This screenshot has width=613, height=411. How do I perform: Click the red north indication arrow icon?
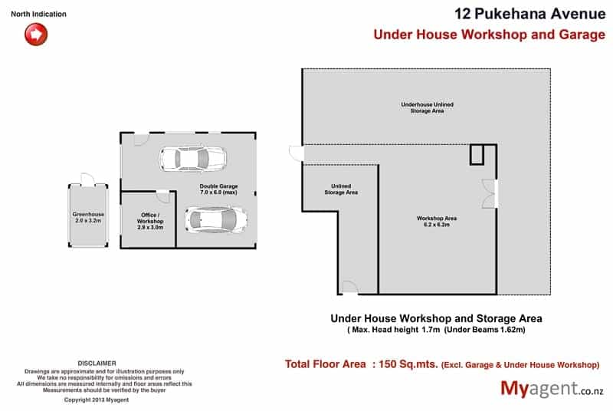[x=36, y=34]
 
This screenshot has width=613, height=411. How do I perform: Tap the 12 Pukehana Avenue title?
[x=529, y=14]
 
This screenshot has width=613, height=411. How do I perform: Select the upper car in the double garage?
[x=192, y=159]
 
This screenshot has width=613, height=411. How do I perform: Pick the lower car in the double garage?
[x=216, y=220]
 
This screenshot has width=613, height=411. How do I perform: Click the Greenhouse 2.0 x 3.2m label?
[x=88, y=218]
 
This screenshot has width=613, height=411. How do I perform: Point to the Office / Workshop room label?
[x=150, y=221]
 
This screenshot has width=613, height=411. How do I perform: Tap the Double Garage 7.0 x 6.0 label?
[x=218, y=189]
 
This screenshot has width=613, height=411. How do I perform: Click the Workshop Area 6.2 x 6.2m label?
[x=437, y=222]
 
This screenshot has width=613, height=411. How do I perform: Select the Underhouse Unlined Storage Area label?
[x=428, y=107]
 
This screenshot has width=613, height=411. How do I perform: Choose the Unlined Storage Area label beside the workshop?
[x=341, y=189]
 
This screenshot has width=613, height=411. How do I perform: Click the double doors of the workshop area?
[x=490, y=193]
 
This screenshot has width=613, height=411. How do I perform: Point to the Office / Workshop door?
[x=163, y=196]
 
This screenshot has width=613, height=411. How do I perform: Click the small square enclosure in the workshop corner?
[x=477, y=154]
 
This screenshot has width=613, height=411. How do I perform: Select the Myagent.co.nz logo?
[x=552, y=389]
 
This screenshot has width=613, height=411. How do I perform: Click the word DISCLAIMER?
[x=97, y=363]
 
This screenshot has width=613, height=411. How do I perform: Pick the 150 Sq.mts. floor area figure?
[x=408, y=364]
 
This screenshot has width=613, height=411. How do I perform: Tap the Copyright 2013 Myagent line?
[x=97, y=399]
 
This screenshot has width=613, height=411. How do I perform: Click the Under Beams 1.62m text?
[x=485, y=330]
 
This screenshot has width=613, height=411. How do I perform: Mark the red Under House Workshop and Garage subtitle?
[x=490, y=35]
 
